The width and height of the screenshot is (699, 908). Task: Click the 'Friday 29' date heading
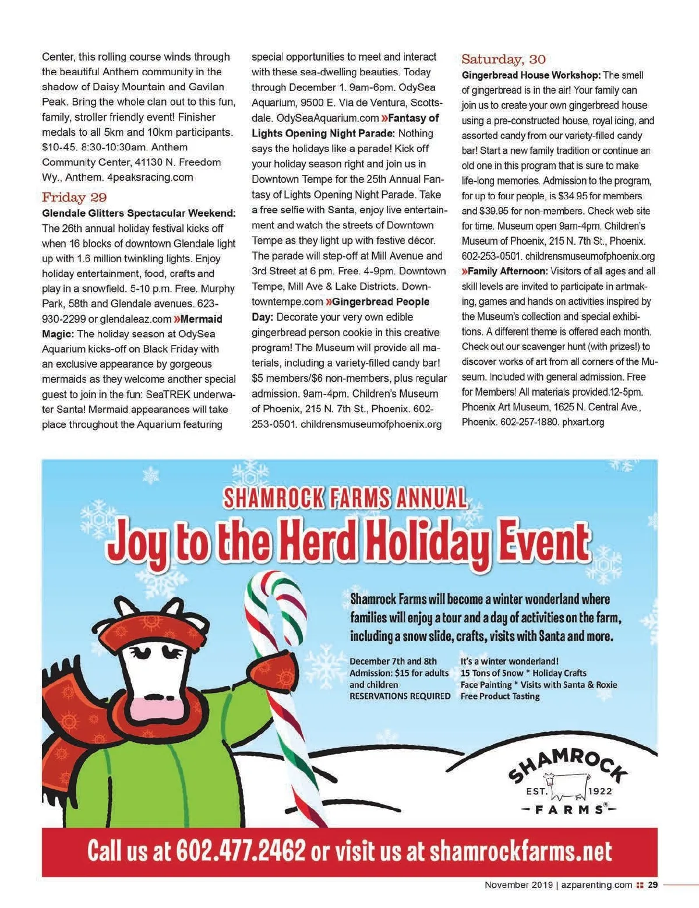click(x=74, y=197)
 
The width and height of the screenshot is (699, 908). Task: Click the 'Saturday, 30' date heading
click(x=503, y=59)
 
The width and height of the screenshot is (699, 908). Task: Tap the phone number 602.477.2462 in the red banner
click(x=241, y=851)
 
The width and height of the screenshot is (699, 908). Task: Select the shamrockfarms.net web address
click(x=521, y=851)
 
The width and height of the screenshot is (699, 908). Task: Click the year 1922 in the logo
click(x=601, y=791)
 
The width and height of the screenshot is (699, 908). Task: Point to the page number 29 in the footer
click(x=653, y=885)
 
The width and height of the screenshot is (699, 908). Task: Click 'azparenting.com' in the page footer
click(x=596, y=885)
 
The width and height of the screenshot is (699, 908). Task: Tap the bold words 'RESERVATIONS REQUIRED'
click(x=400, y=696)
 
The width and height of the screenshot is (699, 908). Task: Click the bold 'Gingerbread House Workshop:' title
click(x=531, y=75)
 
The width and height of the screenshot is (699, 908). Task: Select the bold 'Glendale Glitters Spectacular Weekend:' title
click(x=139, y=213)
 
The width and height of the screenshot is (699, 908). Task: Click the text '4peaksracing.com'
click(x=150, y=177)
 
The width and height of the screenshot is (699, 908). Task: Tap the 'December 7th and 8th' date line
click(x=393, y=661)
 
